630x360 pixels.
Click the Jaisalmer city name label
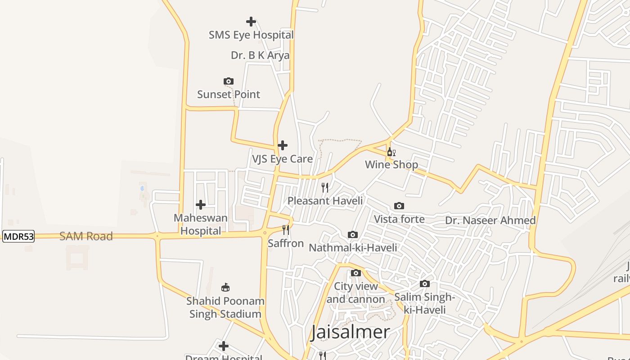[351, 332]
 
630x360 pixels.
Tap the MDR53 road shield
[18, 236]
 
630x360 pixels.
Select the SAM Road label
[86, 236]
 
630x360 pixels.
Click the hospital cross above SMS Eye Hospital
[251, 21]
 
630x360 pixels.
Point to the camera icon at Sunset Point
[229, 81]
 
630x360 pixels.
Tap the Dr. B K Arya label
[260, 55]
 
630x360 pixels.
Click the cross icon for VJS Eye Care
[283, 145]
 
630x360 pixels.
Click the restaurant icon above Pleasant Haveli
[325, 187]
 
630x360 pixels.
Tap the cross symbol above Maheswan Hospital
[201, 205]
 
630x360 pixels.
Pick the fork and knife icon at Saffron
[286, 230]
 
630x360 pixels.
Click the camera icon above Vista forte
[399, 206]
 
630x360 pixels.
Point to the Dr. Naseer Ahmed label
[490, 220]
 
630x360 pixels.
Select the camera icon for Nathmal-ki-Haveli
[353, 235]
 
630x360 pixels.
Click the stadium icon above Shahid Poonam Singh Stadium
[225, 288]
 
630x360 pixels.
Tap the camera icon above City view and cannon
[356, 273]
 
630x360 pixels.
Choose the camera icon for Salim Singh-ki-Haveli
[424, 284]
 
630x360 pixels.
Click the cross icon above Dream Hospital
[224, 346]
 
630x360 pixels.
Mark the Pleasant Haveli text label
[325, 201]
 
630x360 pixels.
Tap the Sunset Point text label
[229, 94]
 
